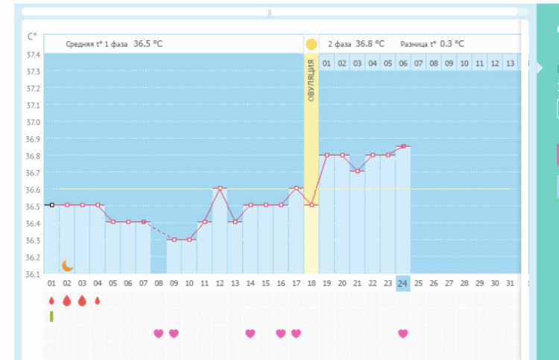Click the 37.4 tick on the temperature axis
33,55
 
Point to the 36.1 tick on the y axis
33,274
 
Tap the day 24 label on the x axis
402,284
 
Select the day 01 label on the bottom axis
51,284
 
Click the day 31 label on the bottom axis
510,284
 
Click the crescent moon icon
68,265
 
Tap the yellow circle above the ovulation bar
311,44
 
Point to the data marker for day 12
220,188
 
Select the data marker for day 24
402,146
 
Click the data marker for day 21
357,171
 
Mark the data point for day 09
174,239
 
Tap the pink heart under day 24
402,333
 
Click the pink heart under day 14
250,333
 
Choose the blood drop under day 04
97,300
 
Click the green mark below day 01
51,317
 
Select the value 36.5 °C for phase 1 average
148,44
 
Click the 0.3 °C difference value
452,44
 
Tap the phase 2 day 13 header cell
510,64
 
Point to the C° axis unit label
32,36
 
